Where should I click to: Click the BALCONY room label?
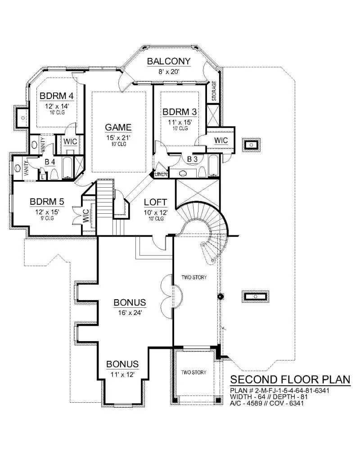(168, 61)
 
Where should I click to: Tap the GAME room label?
(118, 127)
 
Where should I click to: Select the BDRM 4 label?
(57, 96)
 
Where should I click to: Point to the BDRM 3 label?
(180, 112)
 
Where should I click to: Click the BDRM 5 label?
(47, 202)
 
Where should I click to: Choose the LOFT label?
(155, 202)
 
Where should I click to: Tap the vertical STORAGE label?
(214, 91)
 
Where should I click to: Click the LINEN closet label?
(161, 174)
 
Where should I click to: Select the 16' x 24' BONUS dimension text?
(130, 313)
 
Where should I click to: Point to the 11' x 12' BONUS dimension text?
(122, 374)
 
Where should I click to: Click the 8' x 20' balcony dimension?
(169, 72)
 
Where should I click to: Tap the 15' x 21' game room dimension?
(118, 138)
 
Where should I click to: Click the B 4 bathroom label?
(50, 162)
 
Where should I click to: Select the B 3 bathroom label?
(192, 159)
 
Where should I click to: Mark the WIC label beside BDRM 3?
(221, 140)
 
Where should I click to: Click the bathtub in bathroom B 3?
(213, 166)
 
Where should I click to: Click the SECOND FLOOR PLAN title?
(290, 379)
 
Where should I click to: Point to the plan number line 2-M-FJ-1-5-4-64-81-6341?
(279, 391)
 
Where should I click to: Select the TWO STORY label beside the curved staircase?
(194, 278)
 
